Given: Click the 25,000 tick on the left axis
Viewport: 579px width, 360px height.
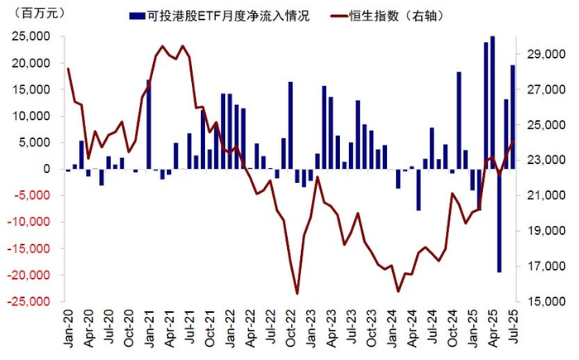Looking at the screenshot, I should pyautogui.click(x=34, y=36).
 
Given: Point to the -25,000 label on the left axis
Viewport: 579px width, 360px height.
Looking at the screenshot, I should pyautogui.click(x=32, y=301).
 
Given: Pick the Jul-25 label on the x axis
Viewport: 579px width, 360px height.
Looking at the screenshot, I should pyautogui.click(x=513, y=325).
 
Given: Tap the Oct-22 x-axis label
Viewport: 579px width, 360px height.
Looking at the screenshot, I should pyautogui.click(x=290, y=325).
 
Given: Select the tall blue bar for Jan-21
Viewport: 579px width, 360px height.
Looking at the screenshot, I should pyautogui.click(x=149, y=124).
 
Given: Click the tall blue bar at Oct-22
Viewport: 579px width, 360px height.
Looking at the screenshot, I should pyautogui.click(x=290, y=125).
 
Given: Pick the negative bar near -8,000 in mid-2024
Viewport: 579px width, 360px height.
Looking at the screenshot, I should pyautogui.click(x=419, y=190).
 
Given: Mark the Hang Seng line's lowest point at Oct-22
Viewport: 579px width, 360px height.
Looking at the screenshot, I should pyautogui.click(x=297, y=293).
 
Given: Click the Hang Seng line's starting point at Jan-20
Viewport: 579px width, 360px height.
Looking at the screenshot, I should pyautogui.click(x=68, y=69).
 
